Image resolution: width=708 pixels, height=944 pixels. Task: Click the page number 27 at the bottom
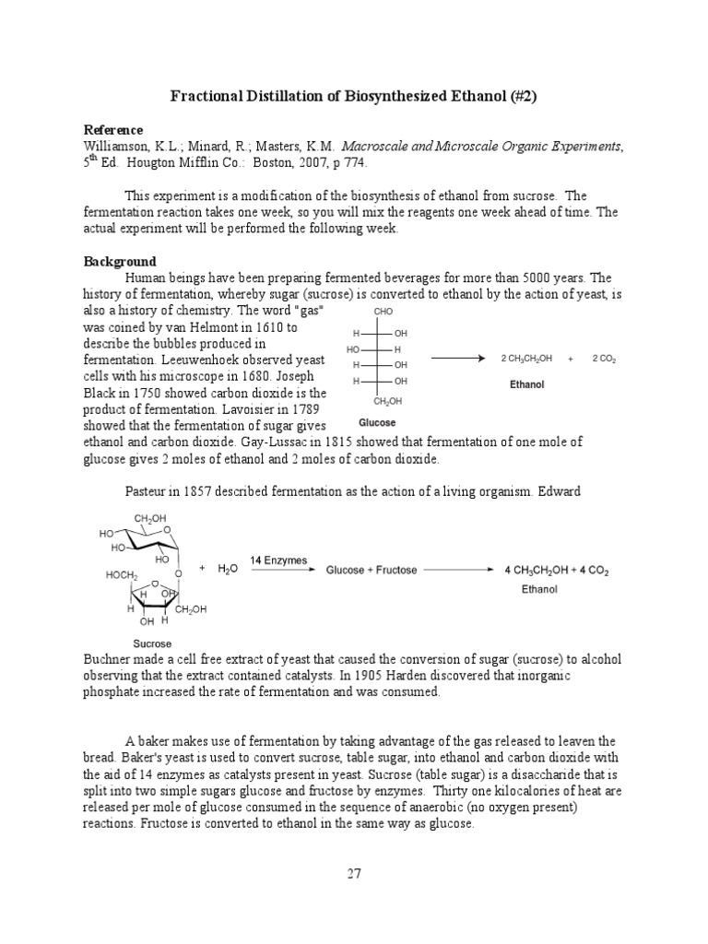coord(354,875)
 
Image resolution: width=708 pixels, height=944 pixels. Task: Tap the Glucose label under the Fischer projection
coord(377,423)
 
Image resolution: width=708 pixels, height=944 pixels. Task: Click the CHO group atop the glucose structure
coord(383,312)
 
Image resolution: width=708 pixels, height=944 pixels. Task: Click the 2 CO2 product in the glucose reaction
coord(604,358)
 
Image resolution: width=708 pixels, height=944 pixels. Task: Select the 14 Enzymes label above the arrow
coord(281,560)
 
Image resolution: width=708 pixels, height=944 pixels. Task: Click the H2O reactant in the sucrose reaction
coord(227,570)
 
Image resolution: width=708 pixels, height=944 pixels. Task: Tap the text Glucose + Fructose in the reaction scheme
coord(371,570)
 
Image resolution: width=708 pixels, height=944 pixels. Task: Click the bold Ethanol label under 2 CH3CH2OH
coord(526,384)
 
